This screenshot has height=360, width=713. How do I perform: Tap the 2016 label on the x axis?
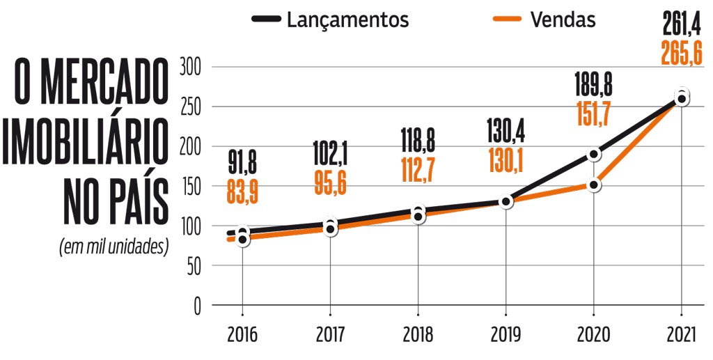(x=242, y=335)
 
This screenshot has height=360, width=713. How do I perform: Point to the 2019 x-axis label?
(x=506, y=335)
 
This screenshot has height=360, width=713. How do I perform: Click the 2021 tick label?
(x=681, y=335)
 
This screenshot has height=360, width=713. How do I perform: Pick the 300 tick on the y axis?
(x=189, y=68)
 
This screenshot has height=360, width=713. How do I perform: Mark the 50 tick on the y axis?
(x=192, y=266)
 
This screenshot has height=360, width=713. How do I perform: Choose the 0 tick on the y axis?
(x=196, y=306)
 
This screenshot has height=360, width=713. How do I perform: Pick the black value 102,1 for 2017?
(x=330, y=157)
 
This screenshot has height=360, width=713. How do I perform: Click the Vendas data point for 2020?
(x=593, y=185)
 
